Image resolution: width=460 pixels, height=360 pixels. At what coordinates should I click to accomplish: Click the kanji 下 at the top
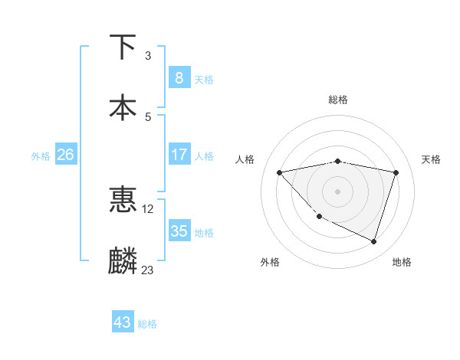click(123, 47)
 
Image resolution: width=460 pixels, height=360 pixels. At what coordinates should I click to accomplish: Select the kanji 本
click(123, 106)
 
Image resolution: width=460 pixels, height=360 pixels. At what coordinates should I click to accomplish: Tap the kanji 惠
click(123, 200)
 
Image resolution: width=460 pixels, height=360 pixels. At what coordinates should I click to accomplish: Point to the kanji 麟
click(123, 261)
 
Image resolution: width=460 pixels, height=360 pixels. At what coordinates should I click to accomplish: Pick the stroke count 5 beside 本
click(148, 116)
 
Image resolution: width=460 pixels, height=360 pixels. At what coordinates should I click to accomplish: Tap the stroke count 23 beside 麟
click(148, 270)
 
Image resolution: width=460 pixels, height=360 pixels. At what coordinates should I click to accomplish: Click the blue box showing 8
click(179, 77)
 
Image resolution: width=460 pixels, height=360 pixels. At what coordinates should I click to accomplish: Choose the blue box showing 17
click(179, 155)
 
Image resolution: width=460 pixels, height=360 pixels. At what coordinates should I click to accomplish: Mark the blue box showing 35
click(179, 231)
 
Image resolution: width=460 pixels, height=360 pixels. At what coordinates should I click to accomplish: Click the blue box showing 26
click(65, 155)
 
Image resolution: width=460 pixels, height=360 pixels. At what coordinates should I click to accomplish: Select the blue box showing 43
click(123, 322)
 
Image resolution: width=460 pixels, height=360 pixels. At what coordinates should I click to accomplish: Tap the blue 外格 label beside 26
click(41, 156)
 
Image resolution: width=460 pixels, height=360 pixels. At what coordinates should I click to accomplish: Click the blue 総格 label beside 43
click(147, 324)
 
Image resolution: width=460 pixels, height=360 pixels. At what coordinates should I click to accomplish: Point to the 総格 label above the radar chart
click(338, 100)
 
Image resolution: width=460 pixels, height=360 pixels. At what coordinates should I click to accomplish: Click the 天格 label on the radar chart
click(431, 159)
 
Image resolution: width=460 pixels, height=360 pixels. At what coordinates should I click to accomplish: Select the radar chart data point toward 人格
click(280, 172)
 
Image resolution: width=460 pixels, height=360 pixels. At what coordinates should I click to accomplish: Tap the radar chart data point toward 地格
click(373, 241)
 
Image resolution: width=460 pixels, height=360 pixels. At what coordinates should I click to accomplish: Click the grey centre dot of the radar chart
click(338, 191)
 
